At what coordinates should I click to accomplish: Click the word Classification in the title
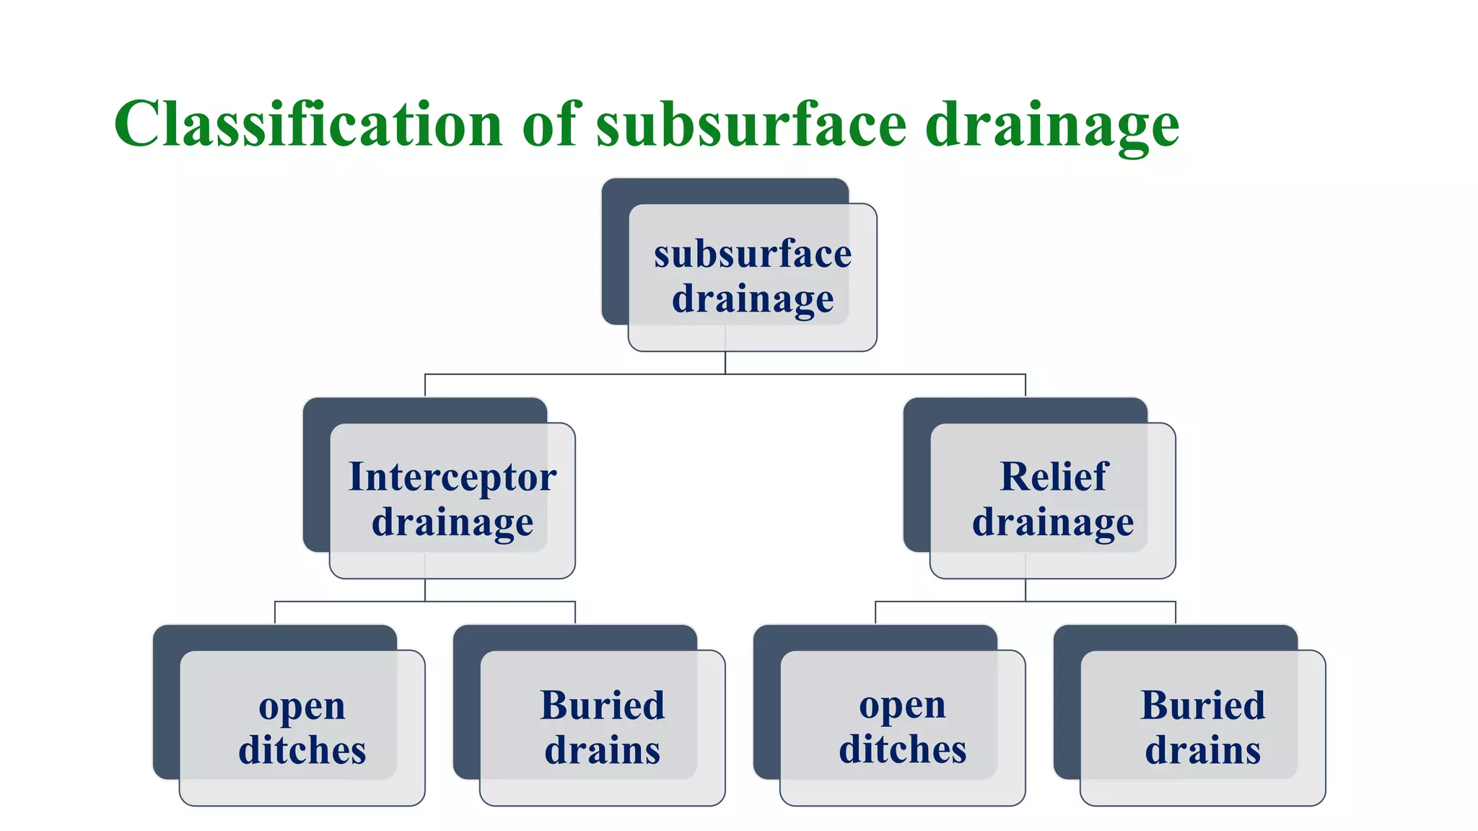pyautogui.click(x=308, y=124)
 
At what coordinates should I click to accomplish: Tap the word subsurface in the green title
pyautogui.click(x=751, y=124)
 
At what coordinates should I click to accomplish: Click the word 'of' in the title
pyautogui.click(x=551, y=124)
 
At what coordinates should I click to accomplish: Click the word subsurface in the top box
pyautogui.click(x=753, y=254)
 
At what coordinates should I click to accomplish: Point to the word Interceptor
pyautogui.click(x=452, y=477)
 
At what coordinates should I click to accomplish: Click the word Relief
pyautogui.click(x=1053, y=477)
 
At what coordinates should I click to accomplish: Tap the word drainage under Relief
pyautogui.click(x=1053, y=522)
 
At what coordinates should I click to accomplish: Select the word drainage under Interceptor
pyautogui.click(x=452, y=522)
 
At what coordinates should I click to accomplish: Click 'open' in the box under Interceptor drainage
pyautogui.click(x=302, y=706)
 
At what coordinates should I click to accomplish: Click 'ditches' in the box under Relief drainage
pyautogui.click(x=902, y=749)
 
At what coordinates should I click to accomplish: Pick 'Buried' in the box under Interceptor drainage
pyautogui.click(x=603, y=705)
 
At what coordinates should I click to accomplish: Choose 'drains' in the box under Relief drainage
pyautogui.click(x=1202, y=750)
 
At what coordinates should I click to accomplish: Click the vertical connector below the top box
pyautogui.click(x=725, y=363)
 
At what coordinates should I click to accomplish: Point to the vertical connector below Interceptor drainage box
pyautogui.click(x=425, y=590)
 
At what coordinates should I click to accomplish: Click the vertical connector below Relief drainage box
pyautogui.click(x=1026, y=590)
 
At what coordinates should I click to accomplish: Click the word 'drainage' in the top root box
pyautogui.click(x=753, y=299)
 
